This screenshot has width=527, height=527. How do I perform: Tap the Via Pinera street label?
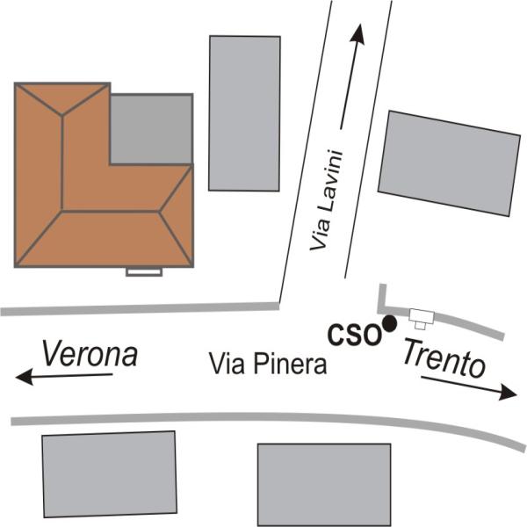[268, 364]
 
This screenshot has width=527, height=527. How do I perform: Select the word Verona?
[90, 354]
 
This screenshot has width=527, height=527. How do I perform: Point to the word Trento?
[444, 358]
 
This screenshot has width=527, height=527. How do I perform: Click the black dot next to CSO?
[389, 325]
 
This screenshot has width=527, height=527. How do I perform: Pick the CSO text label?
[354, 334]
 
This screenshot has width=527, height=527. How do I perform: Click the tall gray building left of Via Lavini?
[244, 112]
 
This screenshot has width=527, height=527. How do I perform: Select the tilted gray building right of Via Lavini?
[449, 163]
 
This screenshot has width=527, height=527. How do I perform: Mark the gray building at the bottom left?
[110, 475]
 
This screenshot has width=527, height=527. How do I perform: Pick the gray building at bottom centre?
[323, 483]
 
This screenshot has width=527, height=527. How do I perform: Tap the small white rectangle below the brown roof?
[144, 272]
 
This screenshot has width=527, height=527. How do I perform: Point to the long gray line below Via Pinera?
[263, 420]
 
